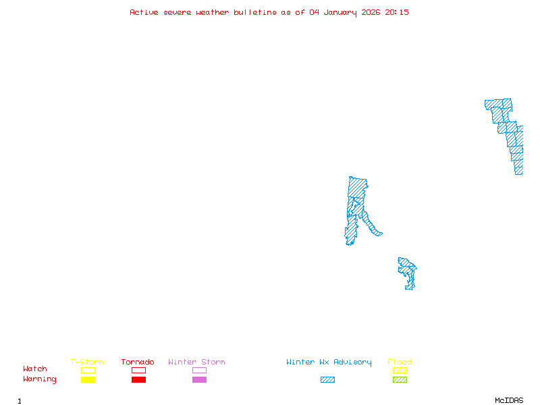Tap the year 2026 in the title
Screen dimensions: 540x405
pos(371,12)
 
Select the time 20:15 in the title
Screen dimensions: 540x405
pos(398,12)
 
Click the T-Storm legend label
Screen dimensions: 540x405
pos(87,362)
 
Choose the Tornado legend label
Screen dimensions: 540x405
pos(138,362)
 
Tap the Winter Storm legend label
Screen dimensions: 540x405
pos(196,362)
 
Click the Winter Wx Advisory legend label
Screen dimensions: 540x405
pos(329,362)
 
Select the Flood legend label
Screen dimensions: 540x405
pos(400,362)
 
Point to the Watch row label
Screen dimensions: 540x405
pos(35,369)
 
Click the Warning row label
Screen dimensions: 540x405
pos(40,379)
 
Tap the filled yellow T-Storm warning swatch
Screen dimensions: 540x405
pos(88,380)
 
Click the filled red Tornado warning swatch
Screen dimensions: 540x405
pos(138,380)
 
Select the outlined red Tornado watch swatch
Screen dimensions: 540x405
pos(138,370)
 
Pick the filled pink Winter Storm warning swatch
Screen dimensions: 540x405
pos(199,380)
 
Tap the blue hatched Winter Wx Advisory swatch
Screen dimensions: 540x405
pos(327,380)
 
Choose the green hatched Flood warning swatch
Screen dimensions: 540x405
pos(400,380)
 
